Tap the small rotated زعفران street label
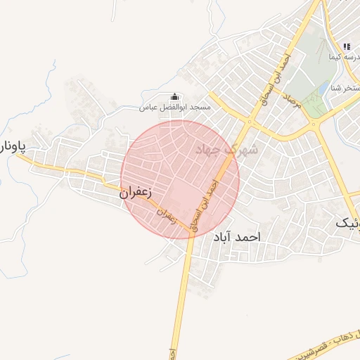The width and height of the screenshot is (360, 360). (167, 215)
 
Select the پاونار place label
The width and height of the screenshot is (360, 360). (12, 147)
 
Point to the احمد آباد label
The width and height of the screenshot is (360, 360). (236, 238)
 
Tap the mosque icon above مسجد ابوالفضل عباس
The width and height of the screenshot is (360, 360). (174, 97)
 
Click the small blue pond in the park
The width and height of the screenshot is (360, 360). (323, 89)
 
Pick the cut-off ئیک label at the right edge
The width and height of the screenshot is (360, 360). (347, 223)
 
